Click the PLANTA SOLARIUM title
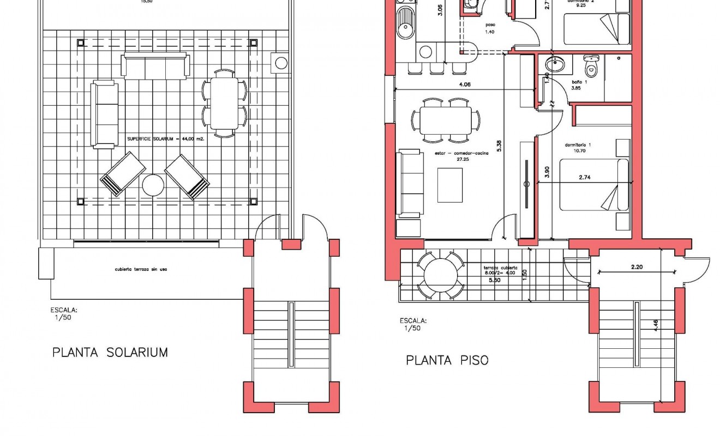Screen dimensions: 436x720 tap(110, 353)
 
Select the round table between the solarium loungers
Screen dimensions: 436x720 tap(153, 185)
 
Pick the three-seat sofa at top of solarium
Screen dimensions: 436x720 tap(155, 66)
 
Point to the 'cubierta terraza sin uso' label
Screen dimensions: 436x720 tap(137, 269)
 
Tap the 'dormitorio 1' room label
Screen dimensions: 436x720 tap(578, 145)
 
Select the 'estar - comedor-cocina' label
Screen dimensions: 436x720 tap(461, 154)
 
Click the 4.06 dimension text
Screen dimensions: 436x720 tap(464, 84)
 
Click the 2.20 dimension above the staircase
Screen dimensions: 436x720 tap(637, 267)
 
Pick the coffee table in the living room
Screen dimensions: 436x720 tap(450, 185)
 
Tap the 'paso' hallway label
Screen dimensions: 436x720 tap(489, 25)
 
